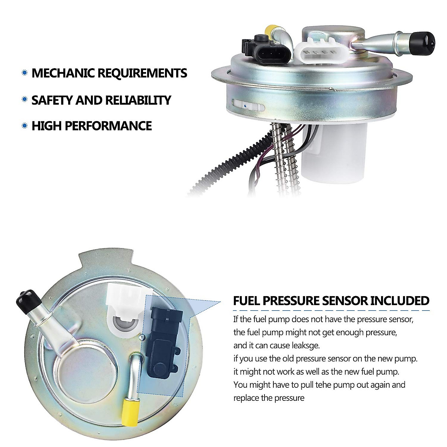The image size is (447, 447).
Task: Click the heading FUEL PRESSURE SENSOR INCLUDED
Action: tap(331, 301)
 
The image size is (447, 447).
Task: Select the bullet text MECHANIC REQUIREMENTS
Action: tap(109, 73)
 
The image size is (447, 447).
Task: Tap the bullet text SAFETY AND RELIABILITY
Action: tap(101, 100)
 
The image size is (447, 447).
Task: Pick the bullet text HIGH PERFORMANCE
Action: tap(92, 126)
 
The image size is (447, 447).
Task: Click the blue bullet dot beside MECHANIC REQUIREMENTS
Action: tap(25, 73)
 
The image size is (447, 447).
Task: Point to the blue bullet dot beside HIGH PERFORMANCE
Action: tap(25, 126)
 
